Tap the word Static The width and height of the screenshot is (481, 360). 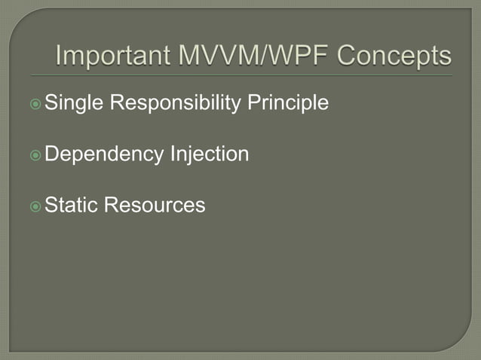[71, 205]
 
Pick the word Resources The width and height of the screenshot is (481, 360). [155, 205]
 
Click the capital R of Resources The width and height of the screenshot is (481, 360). [111, 205]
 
